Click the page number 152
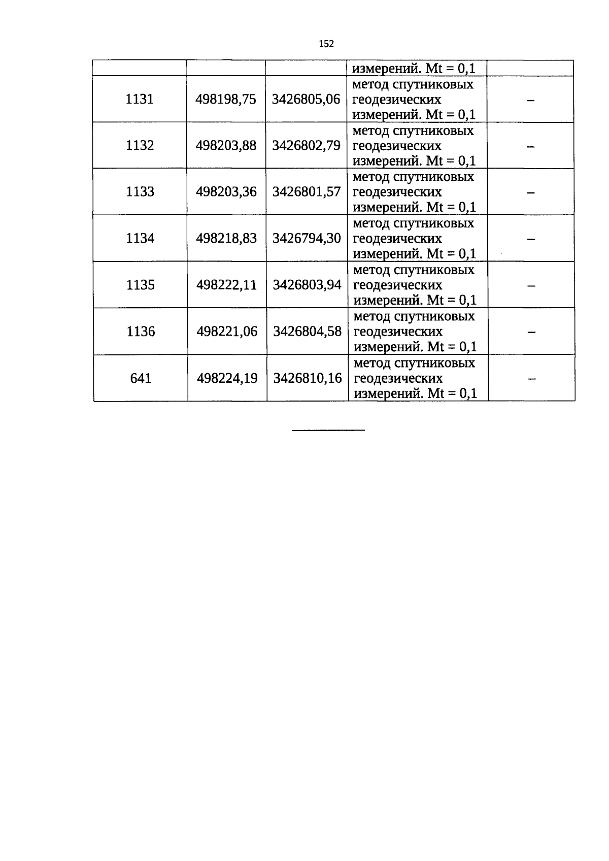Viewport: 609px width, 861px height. coord(326,44)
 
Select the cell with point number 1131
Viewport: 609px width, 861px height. coord(140,99)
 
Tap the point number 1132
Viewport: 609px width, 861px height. coord(140,145)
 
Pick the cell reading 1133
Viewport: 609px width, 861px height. coord(140,191)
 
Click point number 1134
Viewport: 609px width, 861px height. coord(140,238)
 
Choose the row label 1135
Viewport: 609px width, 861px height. coord(141,285)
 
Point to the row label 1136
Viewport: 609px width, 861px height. coord(141,332)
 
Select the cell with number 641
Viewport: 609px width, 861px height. coord(141,378)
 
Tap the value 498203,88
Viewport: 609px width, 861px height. coord(226,146)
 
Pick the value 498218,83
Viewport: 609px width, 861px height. coord(226,239)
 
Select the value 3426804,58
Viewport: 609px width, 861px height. coord(308,332)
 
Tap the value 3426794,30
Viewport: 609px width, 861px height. coord(307,239)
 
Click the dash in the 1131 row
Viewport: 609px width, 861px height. coord(530,101)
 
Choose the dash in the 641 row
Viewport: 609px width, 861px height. coord(532,379)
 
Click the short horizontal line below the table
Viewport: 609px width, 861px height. coord(328,430)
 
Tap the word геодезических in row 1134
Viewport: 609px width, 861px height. coord(398,239)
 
